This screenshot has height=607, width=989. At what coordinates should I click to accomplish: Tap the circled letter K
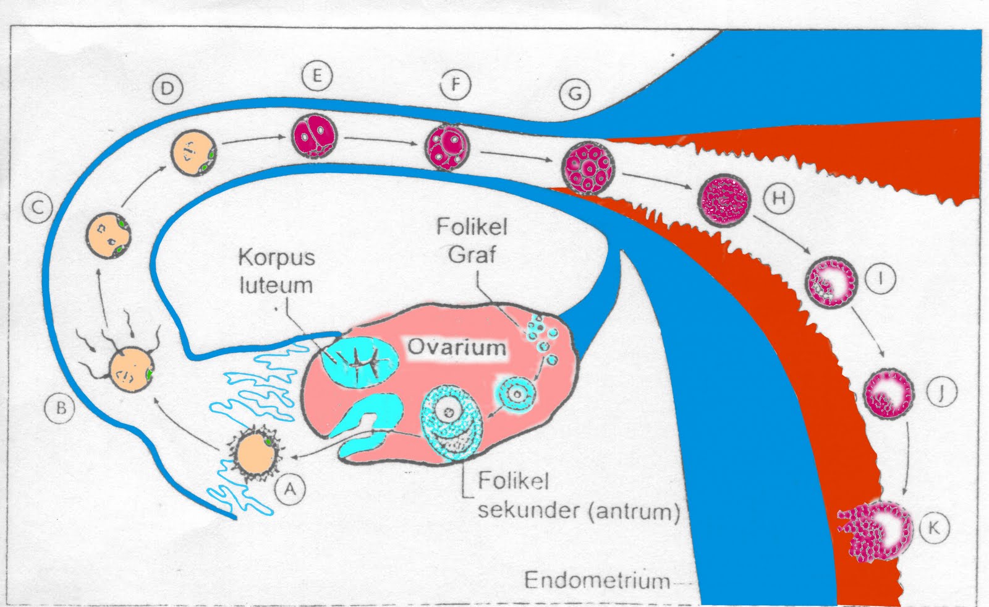pos(934,528)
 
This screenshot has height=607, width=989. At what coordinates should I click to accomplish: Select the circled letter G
pos(575,94)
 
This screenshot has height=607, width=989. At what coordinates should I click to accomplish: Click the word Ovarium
pos(456,347)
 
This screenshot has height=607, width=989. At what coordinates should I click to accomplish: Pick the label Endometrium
pos(597,580)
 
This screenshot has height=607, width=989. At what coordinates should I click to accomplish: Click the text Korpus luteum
pos(276,271)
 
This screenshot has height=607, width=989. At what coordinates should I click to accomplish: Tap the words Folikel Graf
pos(472,240)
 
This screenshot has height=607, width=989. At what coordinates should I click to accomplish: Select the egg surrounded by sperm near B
pos(130,369)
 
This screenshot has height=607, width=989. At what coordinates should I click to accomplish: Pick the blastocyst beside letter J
pos(888,394)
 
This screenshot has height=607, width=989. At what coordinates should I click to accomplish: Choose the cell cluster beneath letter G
pos(588,168)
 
